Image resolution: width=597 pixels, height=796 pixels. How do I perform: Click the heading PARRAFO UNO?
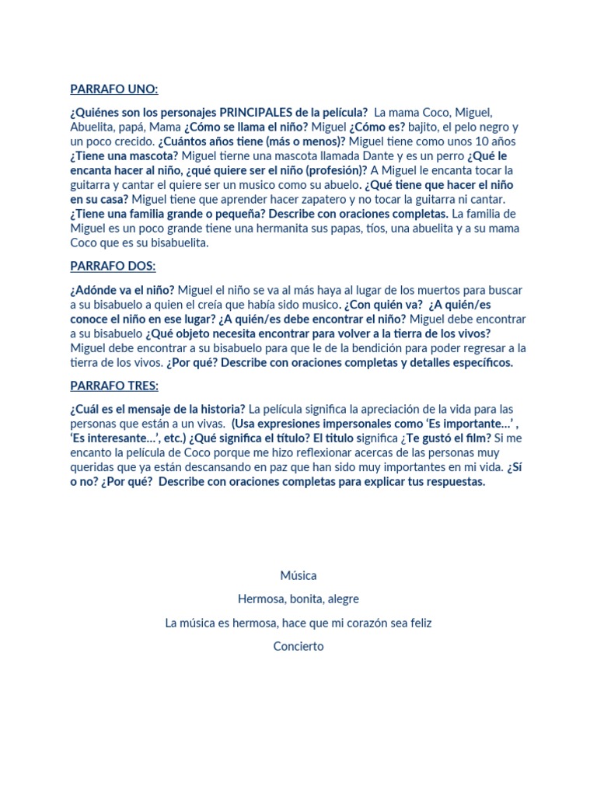113,89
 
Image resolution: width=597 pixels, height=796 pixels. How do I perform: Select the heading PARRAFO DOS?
113,266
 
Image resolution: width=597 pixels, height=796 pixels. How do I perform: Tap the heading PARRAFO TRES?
114,386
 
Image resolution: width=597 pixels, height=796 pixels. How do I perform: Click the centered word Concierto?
298,647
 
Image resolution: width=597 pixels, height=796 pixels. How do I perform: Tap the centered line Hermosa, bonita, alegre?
298,599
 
